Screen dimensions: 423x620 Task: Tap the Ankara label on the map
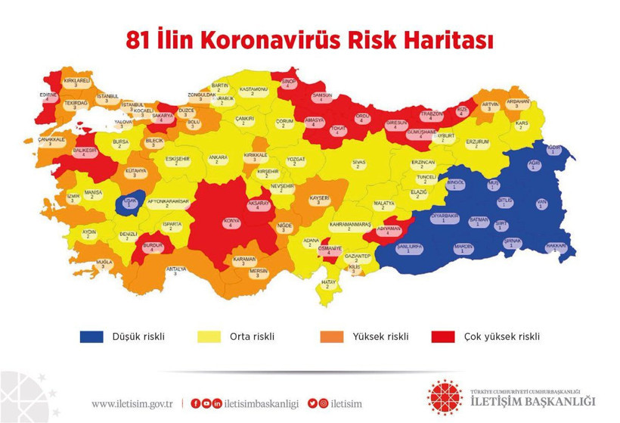coord(218,159)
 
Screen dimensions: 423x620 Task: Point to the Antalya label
coord(175,270)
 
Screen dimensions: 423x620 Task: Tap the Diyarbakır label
coord(445,217)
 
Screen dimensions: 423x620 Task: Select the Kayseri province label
coord(319,200)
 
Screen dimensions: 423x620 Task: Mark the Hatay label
coord(328,283)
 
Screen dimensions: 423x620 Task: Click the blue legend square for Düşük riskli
coord(92,336)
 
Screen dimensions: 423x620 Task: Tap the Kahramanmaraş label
coord(350,225)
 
